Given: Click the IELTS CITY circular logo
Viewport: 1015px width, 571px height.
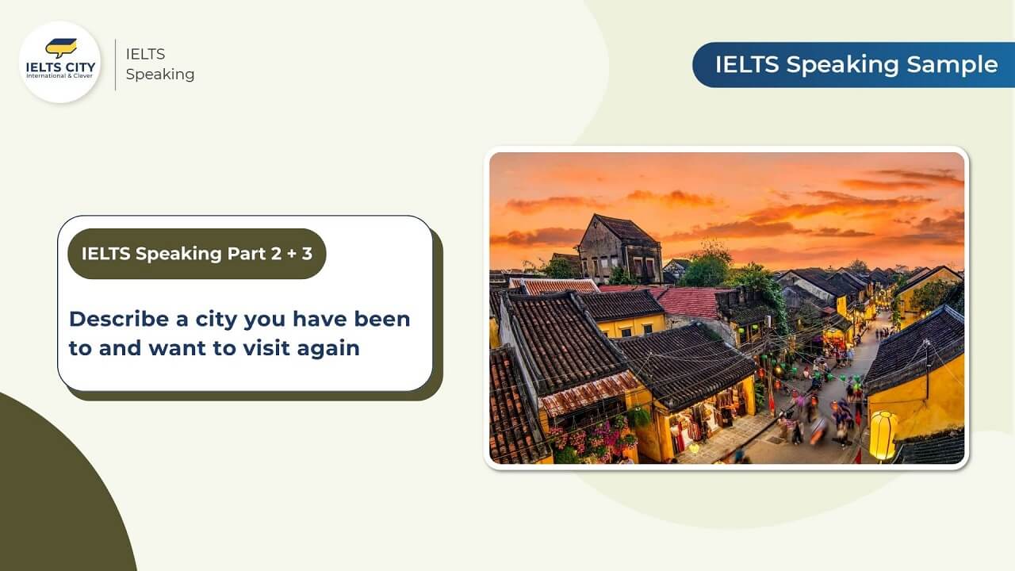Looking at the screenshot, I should (59, 62).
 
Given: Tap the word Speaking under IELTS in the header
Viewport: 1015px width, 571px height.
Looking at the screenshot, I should (160, 75).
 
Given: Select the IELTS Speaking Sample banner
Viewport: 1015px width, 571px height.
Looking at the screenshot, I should (855, 64).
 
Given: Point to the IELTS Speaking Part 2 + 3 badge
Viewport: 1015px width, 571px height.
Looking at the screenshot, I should (197, 254).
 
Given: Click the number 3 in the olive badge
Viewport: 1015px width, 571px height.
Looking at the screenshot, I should (306, 254).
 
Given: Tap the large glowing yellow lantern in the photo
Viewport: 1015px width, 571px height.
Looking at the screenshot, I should (883, 435).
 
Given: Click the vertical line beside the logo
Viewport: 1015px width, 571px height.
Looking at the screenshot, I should (116, 64).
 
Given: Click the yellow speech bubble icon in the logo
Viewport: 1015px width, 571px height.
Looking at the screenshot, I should (60, 48).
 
